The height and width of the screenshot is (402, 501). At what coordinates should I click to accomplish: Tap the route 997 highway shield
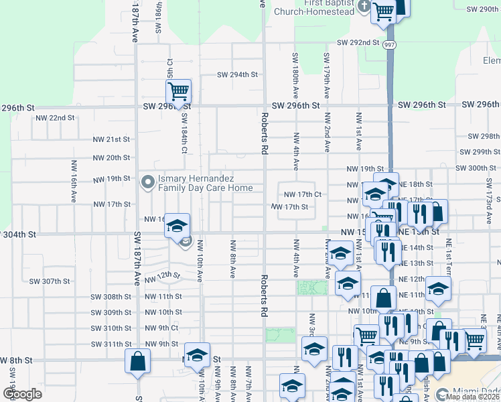click(390, 44)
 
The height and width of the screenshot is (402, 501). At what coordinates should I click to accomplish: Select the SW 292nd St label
click(358, 42)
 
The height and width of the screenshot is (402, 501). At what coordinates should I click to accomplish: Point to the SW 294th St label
click(235, 75)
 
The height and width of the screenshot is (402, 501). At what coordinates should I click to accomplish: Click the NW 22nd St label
click(55, 118)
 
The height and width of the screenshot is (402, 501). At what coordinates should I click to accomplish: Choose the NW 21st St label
click(111, 139)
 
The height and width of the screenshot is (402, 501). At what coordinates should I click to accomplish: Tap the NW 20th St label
click(111, 158)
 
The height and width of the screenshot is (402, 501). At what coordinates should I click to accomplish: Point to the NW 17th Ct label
click(303, 194)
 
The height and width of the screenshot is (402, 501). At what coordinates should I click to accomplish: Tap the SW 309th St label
click(112, 312)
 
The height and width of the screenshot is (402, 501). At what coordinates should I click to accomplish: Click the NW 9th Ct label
click(161, 328)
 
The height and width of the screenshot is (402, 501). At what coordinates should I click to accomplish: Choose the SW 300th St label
click(478, 168)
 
